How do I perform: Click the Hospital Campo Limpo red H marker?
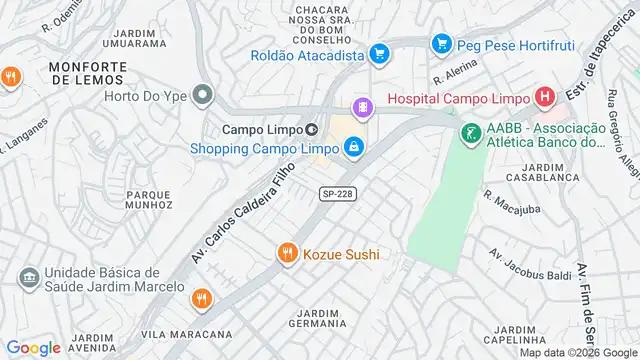click(544, 98)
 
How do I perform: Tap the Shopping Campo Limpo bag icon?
click(354, 149)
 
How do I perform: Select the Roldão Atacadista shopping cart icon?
click(378, 55)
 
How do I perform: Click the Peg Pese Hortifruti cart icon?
click(441, 45)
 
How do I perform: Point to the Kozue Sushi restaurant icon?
click(287, 254)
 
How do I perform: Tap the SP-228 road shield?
click(337, 193)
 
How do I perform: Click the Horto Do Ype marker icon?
click(203, 97)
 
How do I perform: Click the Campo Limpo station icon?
click(311, 129)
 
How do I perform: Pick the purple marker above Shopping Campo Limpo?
click(361, 106)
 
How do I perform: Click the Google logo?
click(33, 348)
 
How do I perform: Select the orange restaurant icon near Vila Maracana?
click(202, 298)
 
